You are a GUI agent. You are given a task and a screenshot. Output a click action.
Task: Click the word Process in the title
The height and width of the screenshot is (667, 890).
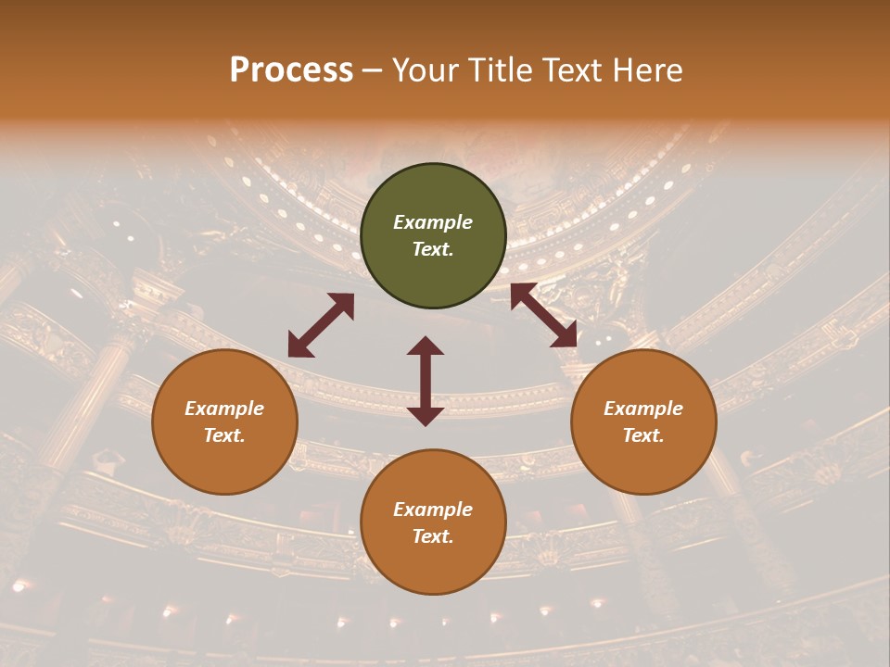[291, 70]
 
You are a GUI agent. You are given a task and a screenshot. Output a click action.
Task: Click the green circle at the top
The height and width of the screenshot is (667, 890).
[433, 236]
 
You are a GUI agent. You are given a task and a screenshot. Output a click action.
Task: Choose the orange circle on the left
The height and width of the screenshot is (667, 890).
[224, 422]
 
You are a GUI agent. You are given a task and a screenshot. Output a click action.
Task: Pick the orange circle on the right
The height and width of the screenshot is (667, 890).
[643, 422]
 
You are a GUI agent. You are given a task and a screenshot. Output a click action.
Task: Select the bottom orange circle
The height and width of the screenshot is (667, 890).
[433, 522]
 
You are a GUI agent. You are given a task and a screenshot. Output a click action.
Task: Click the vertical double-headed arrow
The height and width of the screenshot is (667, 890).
[426, 381]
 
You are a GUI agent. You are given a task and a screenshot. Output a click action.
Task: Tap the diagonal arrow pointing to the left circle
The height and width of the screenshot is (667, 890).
[321, 325]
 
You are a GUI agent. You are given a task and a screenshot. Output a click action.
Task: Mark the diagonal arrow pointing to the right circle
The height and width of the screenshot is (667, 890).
[544, 315]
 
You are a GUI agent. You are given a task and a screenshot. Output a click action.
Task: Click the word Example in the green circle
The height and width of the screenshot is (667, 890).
[433, 222]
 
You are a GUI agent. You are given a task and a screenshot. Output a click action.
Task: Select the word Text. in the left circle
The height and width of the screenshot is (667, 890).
[224, 435]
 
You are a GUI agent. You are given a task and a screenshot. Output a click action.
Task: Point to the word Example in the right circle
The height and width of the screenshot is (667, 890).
[643, 409]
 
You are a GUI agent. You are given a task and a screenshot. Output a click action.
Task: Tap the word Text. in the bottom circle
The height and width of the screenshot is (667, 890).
[433, 536]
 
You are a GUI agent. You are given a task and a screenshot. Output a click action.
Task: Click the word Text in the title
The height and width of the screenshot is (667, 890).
[571, 70]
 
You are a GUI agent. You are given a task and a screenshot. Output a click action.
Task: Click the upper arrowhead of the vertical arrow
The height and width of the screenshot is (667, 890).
[426, 346]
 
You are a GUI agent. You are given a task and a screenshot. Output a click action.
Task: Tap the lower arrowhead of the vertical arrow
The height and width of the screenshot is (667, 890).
[426, 416]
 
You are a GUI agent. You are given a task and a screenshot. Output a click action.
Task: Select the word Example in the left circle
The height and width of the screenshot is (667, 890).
[224, 409]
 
